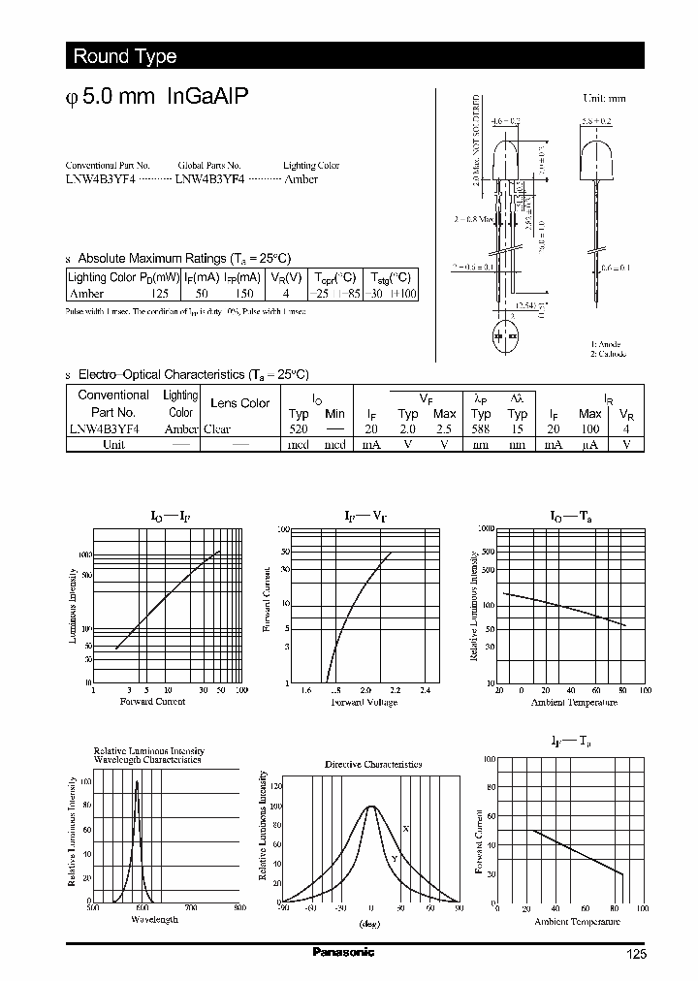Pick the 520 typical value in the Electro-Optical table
[299, 428]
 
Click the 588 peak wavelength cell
[480, 428]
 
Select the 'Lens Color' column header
[239, 403]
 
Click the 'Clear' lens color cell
[216, 428]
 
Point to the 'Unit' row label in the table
[113, 444]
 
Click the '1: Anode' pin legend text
[606, 344]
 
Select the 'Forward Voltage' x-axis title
[365, 702]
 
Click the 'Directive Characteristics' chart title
[373, 764]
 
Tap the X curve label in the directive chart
[405, 828]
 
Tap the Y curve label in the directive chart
[395, 859]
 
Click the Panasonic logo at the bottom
[343, 952]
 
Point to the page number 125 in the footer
[635, 955]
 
